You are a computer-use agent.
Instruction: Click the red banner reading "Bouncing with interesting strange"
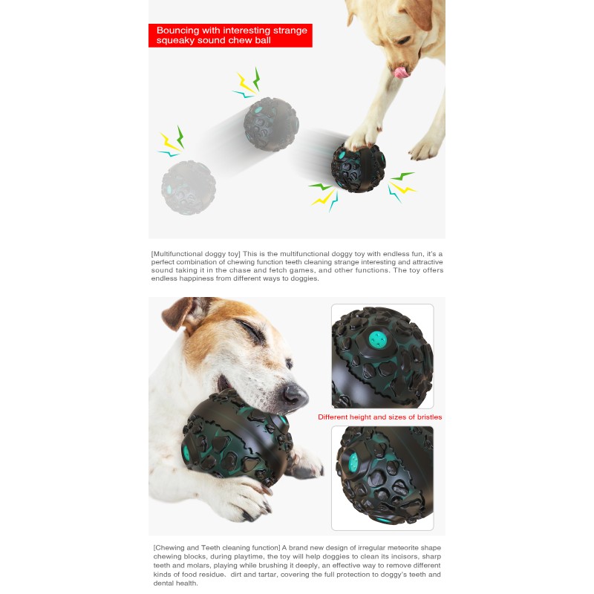click(230, 30)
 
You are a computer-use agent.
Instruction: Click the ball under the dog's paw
click(359, 168)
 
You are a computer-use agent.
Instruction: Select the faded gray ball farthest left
click(189, 187)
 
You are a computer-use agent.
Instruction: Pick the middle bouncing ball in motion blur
click(271, 124)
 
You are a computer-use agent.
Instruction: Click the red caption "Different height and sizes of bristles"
click(379, 417)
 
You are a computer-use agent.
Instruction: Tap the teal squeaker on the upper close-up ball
click(379, 341)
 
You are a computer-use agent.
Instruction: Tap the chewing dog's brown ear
click(180, 313)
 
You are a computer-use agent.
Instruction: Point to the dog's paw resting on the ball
click(364, 135)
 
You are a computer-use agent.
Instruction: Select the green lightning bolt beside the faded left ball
click(180, 136)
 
